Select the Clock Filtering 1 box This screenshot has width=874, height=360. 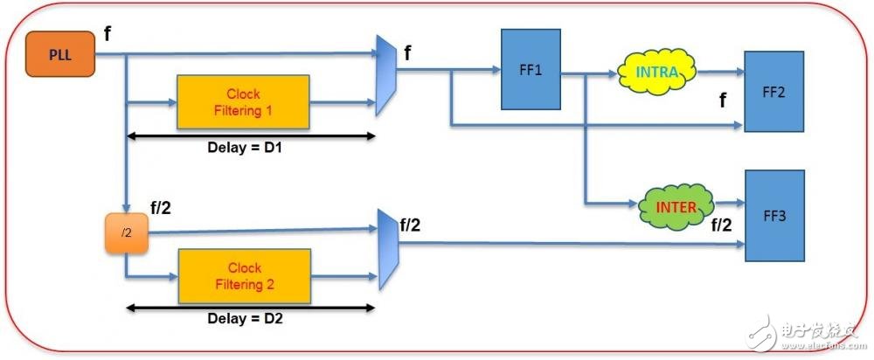pos(243,102)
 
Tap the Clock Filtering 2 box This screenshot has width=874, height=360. pos(243,276)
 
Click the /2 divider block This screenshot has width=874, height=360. pos(127,234)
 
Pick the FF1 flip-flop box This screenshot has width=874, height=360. pos(531,70)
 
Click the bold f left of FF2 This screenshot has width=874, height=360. pos(722,101)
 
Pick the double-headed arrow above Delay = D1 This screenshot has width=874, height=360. pos(251,136)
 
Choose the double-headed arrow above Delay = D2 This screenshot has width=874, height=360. pos(251,307)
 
